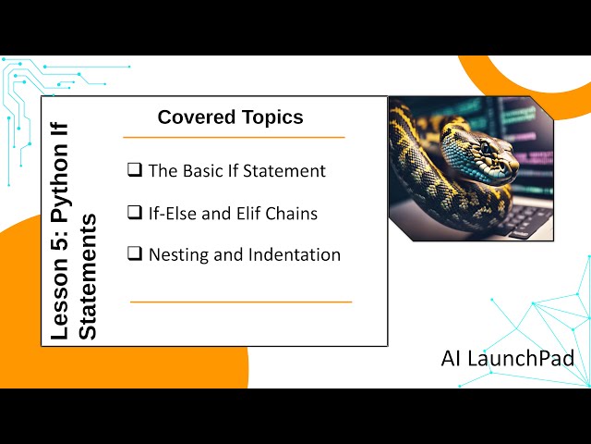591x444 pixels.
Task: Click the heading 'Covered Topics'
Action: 230,117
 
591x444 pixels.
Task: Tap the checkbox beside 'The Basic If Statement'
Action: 135,170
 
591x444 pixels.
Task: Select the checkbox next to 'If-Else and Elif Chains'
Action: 135,213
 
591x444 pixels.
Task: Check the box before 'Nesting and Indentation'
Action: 135,254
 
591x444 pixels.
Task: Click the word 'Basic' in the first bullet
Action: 202,171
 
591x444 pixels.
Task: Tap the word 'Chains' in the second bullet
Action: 294,214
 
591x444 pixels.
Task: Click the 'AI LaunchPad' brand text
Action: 507,357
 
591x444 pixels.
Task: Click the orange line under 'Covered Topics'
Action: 234,137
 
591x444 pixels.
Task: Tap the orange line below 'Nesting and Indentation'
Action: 241,302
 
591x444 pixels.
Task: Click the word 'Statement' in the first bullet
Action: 285,171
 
